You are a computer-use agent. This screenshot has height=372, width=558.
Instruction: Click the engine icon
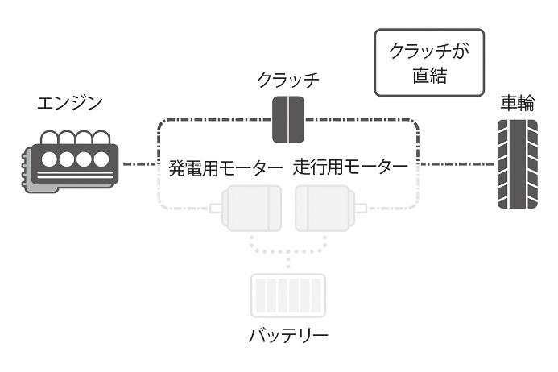pyautogui.click(x=71, y=160)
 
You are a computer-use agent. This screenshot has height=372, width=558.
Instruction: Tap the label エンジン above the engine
pyautogui.click(x=70, y=104)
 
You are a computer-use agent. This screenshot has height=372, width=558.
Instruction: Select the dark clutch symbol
pyautogui.click(x=287, y=119)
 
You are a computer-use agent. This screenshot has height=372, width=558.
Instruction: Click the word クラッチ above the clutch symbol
pyautogui.click(x=288, y=80)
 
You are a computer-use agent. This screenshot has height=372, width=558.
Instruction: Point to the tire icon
pyautogui.click(x=516, y=163)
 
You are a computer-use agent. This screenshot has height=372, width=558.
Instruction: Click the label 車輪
pyautogui.click(x=516, y=103)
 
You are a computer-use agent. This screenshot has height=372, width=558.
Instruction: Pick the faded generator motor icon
pyautogui.click(x=250, y=208)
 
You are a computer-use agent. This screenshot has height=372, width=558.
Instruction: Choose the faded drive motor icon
pyautogui.click(x=324, y=208)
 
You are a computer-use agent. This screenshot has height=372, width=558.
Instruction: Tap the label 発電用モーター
pyautogui.click(x=225, y=168)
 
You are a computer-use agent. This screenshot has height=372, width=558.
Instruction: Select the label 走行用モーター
pyautogui.click(x=350, y=168)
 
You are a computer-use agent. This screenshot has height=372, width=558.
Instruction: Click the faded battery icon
pyautogui.click(x=288, y=294)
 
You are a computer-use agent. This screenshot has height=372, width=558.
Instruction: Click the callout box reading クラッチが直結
pyautogui.click(x=429, y=63)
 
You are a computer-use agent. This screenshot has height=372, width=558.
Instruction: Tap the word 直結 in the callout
pyautogui.click(x=429, y=78)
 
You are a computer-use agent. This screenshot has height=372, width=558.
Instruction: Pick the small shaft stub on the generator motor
pyautogui.click(x=216, y=209)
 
